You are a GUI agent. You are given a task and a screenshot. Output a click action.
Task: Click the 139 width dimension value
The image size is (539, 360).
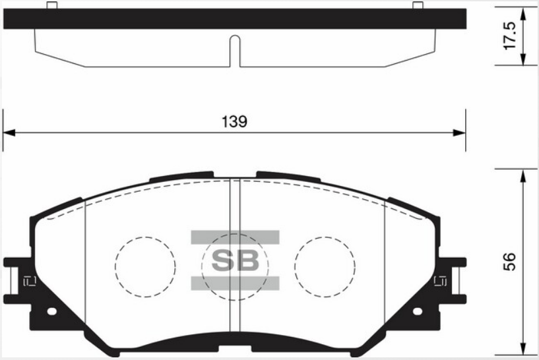tap(234, 121)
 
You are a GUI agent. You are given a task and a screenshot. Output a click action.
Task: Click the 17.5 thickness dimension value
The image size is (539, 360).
tap(509, 36)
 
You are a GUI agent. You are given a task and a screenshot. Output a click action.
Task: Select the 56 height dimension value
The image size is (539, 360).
tap(509, 262)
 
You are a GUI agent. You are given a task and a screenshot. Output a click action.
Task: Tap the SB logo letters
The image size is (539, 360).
tap(235, 260)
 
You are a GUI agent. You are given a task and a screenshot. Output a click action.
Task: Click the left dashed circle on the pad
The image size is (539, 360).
tap(115, 266)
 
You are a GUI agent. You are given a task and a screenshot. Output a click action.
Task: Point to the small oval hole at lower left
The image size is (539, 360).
tap(52, 311)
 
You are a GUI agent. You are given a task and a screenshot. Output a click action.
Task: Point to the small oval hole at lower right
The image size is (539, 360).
tap(418, 311)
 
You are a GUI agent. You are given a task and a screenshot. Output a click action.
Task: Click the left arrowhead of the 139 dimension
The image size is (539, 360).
tap(9, 133)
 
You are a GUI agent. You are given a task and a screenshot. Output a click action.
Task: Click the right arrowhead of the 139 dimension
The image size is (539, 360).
tap(459, 133)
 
